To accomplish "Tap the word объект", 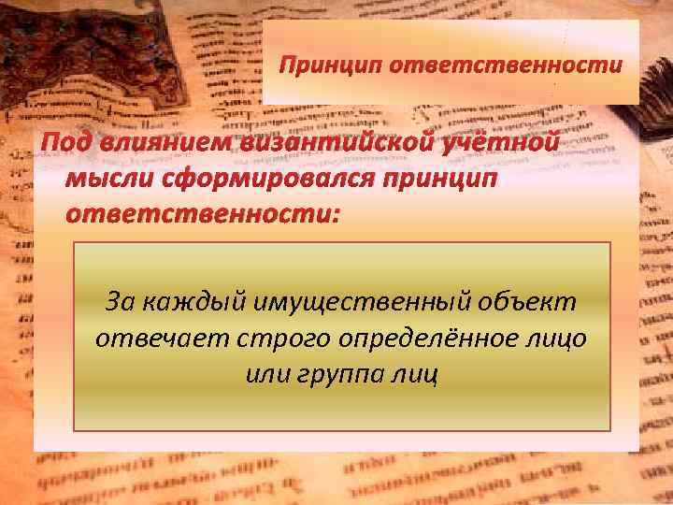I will (x=525, y=303).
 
